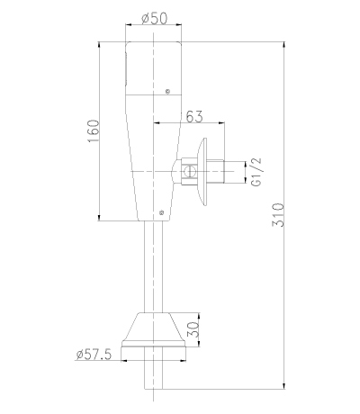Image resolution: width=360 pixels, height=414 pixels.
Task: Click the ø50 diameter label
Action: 154,19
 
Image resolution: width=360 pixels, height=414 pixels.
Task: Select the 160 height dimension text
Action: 94,131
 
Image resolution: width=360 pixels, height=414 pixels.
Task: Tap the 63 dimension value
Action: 194,116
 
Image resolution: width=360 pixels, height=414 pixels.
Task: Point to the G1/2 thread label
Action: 256,172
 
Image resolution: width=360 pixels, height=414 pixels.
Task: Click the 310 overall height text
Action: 277,215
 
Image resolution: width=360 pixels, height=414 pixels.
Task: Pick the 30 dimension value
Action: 193,329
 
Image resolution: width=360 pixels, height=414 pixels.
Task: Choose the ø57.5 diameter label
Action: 94,355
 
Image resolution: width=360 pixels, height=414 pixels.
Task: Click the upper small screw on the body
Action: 168,91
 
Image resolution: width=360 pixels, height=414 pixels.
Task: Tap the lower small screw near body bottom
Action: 162,212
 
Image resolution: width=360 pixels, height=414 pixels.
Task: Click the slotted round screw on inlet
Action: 189,172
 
